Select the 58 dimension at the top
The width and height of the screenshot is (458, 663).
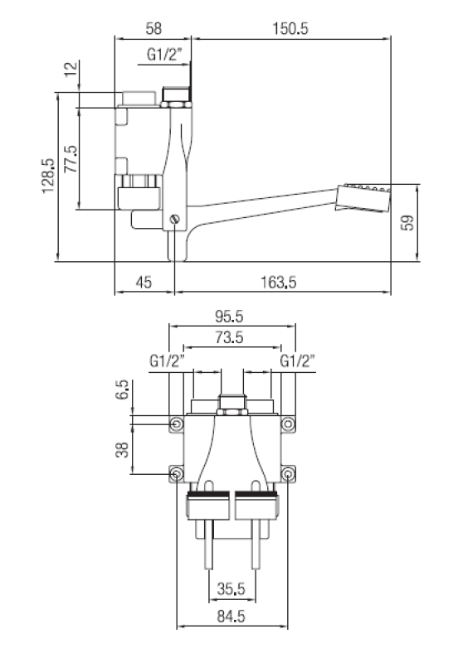point(153,27)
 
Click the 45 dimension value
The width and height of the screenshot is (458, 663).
point(143,283)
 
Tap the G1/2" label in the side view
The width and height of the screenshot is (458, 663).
point(164,55)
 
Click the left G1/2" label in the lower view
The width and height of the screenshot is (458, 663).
point(166,361)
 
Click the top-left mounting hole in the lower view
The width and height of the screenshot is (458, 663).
point(177,424)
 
